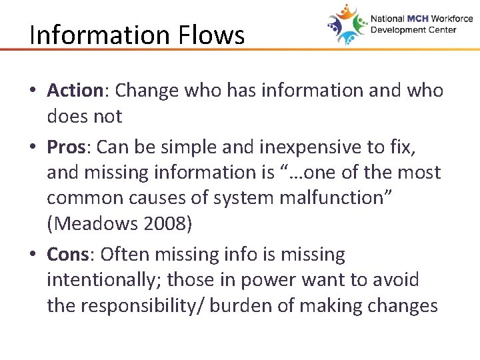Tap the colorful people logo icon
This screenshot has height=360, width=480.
pos(347,25)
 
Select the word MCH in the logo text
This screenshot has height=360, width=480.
pos(415,19)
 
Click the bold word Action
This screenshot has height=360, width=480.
pos(73,90)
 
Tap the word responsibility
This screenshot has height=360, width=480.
pos(145,306)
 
